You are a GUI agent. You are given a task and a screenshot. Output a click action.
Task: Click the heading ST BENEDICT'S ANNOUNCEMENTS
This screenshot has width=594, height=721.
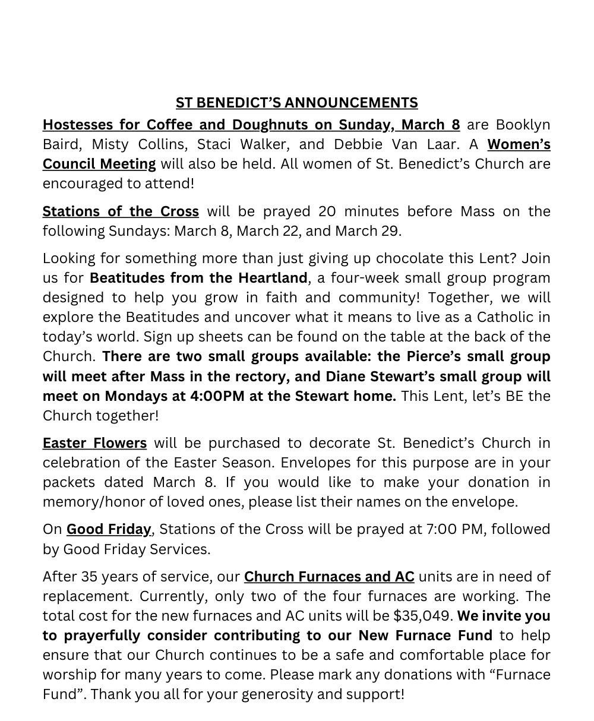tap(296, 103)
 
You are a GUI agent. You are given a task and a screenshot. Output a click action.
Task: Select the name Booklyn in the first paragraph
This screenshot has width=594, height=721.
tap(523, 125)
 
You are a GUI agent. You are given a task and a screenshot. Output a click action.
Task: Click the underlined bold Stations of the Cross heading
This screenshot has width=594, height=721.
tap(121, 211)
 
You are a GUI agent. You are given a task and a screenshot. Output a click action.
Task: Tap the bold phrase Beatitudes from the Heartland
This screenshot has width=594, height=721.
tap(198, 278)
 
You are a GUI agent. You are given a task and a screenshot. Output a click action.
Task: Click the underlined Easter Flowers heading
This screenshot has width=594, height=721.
tap(94, 443)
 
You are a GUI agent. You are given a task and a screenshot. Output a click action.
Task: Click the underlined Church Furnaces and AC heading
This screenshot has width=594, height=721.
tap(329, 577)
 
